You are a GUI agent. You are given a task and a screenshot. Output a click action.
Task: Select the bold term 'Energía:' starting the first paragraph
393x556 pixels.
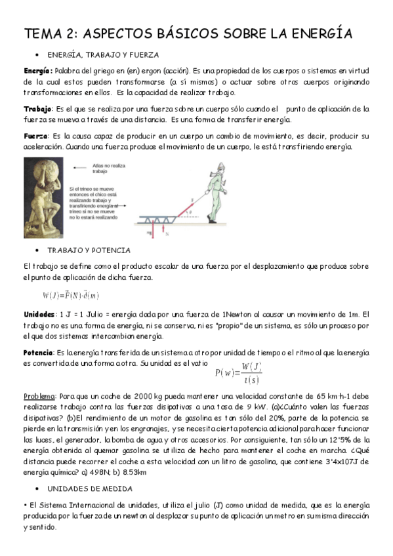[x=38, y=70]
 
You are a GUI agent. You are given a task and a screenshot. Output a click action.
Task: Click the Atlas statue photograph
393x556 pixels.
[x=45, y=198]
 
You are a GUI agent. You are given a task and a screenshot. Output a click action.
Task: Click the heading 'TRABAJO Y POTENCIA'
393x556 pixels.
[x=89, y=250]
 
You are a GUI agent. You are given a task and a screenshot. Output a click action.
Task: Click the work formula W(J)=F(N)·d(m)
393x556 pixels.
[x=71, y=295]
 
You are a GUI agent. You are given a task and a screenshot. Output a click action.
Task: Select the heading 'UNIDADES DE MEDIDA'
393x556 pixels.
[x=89, y=488]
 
